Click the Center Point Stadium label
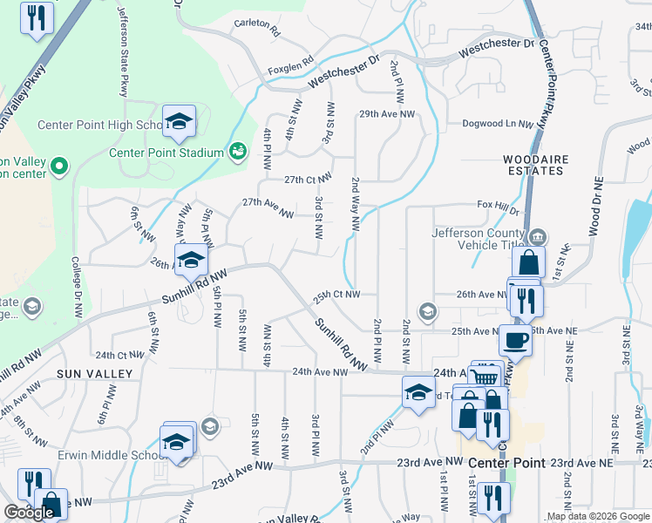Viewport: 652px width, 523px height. pyautogui.click(x=166, y=153)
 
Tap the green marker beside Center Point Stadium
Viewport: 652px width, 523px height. pyautogui.click(x=237, y=152)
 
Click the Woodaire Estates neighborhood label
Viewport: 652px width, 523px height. pyautogui.click(x=534, y=166)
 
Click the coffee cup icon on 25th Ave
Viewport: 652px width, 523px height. pyautogui.click(x=515, y=339)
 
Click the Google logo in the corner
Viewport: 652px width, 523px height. pyautogui.click(x=29, y=513)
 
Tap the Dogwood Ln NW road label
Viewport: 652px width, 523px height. pyautogui.click(x=498, y=125)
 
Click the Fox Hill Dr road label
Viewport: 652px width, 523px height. pyautogui.click(x=498, y=206)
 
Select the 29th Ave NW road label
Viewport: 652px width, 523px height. pyautogui.click(x=387, y=114)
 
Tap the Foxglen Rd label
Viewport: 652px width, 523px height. pyautogui.click(x=290, y=63)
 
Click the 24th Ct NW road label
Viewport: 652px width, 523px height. pyautogui.click(x=119, y=356)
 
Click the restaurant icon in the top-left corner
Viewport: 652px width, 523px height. pyautogui.click(x=36, y=19)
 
